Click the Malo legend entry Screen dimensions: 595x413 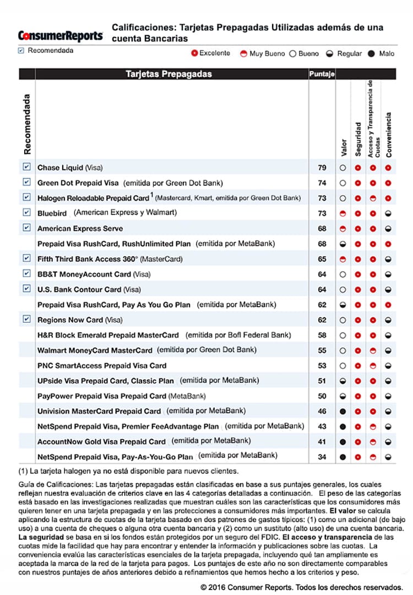(380, 53)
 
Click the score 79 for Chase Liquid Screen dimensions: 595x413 (322, 167)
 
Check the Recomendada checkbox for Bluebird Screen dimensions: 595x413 (26, 212)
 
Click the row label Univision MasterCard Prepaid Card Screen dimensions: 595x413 (99, 411)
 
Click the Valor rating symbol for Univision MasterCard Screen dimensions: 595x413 (343, 411)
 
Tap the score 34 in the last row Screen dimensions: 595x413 (322, 457)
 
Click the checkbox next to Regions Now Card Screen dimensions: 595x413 (26, 319)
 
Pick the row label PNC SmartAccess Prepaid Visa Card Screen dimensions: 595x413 (101, 365)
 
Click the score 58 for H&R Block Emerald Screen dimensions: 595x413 (322, 335)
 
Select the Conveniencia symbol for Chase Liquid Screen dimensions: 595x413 (388, 167)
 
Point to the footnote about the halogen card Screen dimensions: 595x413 (128, 471)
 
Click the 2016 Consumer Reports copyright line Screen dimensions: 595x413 (305, 587)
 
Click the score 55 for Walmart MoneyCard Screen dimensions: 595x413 (322, 350)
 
